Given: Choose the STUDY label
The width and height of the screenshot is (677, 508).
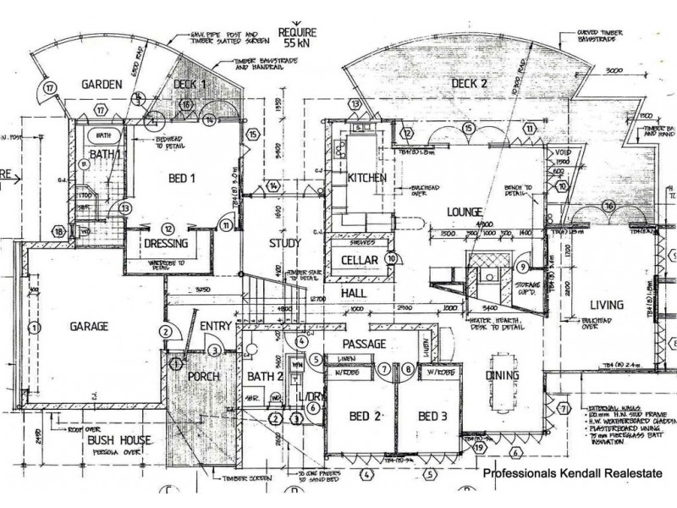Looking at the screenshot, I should click(x=285, y=244).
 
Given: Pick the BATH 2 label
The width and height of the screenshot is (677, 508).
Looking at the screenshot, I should click(x=265, y=376).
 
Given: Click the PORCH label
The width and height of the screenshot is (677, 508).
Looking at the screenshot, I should click(x=204, y=376).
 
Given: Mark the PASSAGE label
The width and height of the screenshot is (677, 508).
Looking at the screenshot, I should click(x=364, y=344).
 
